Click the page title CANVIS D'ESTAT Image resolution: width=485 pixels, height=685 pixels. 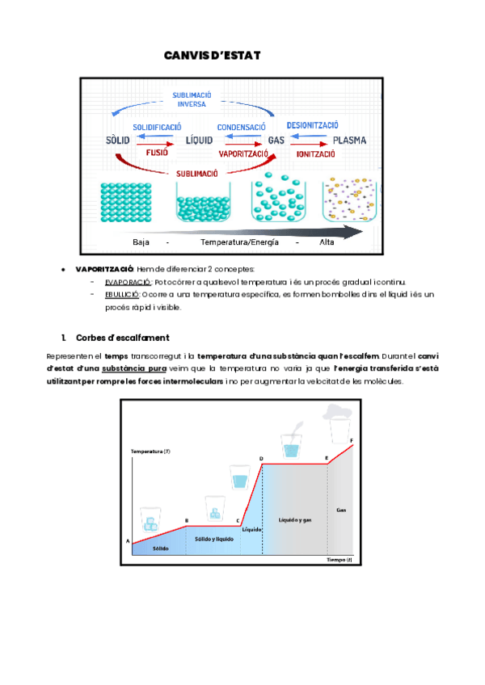click(x=212, y=55)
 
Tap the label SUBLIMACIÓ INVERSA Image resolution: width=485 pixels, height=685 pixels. click(x=192, y=99)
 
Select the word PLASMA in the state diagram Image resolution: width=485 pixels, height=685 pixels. click(x=349, y=140)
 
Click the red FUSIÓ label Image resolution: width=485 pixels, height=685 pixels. click(x=157, y=152)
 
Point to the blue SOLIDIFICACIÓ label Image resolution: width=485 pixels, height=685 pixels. click(x=157, y=128)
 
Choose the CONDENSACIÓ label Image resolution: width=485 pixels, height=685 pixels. click(x=241, y=128)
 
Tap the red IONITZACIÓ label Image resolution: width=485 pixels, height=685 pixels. click(x=316, y=153)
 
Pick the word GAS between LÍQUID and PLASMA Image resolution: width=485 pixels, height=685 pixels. click(x=275, y=140)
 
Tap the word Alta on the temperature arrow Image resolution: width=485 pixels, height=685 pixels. click(x=327, y=242)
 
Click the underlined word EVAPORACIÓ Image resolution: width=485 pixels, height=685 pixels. click(x=128, y=282)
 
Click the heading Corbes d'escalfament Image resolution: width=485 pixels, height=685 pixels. click(x=122, y=337)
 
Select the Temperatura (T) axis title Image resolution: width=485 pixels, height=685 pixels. click(x=150, y=451)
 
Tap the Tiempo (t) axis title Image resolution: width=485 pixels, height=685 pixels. click(x=339, y=560)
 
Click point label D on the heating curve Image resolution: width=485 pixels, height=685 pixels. click(x=261, y=458)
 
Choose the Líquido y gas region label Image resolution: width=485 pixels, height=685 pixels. click(x=295, y=519)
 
